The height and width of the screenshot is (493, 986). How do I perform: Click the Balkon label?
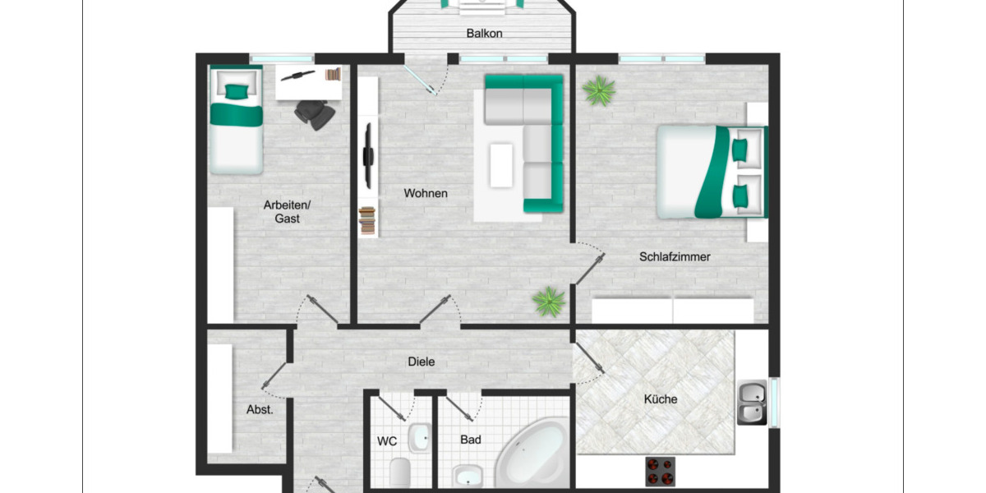(484, 34)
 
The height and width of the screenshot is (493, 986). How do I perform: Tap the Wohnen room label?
(426, 193)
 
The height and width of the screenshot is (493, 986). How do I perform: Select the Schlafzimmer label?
(675, 256)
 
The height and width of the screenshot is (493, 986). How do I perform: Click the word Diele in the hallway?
(422, 362)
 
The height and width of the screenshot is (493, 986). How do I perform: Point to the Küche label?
(661, 399)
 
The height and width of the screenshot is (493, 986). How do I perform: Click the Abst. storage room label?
(260, 409)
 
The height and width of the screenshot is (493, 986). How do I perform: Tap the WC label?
(387, 441)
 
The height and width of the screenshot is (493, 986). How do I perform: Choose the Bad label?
(471, 440)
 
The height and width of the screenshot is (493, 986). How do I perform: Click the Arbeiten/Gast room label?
(287, 212)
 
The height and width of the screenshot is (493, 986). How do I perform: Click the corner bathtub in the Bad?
(531, 457)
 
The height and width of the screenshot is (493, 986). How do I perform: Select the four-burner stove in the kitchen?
(660, 471)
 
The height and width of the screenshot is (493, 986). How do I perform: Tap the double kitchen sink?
(752, 403)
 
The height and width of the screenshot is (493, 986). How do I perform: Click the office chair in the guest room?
(316, 113)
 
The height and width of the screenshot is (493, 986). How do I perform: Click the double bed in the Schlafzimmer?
(711, 172)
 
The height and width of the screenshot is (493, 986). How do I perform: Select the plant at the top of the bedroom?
(598, 90)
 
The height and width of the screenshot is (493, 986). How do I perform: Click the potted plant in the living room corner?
(549, 302)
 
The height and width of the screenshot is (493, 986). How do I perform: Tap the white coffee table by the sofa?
(501, 164)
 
